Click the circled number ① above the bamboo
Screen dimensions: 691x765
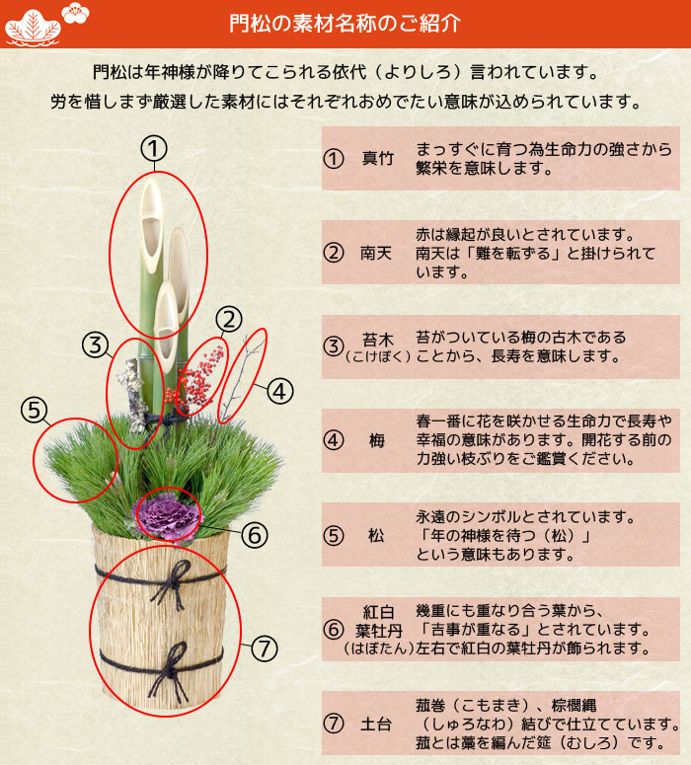coord(154,149)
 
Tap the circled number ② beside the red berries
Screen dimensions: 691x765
coord(229,320)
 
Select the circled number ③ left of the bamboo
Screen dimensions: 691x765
coord(95,344)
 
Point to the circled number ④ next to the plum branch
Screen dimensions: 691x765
coord(279,391)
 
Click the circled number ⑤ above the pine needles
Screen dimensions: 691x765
coord(35,410)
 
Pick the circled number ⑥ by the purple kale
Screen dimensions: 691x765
coord(255,535)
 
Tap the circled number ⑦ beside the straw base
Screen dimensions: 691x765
coord(264,649)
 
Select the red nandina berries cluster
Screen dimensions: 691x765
coord(196,379)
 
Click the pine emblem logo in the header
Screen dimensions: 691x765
coord(34,27)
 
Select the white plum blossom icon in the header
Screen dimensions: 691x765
coord(75,12)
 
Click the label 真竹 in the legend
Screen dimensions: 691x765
coord(377,158)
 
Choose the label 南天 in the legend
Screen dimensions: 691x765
coord(376,253)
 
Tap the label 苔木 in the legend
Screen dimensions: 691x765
coord(377,340)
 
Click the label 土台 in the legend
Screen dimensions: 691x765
coord(376,724)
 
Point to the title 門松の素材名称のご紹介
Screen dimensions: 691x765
coord(345,23)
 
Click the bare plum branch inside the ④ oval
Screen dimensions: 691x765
coord(242,376)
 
